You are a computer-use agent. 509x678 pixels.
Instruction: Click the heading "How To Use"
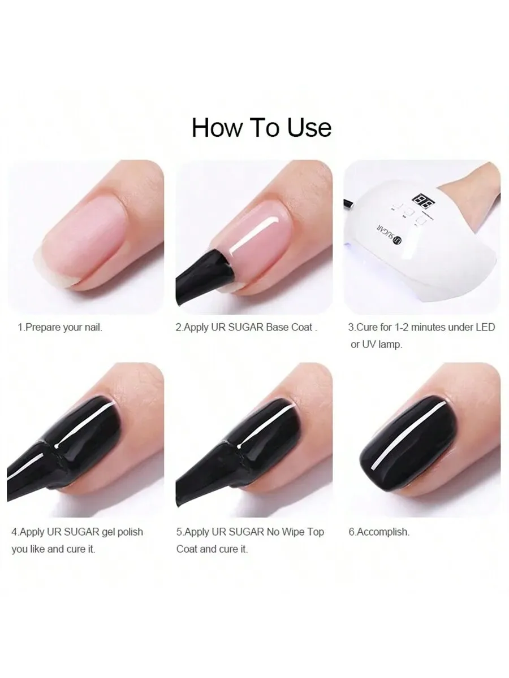(261, 127)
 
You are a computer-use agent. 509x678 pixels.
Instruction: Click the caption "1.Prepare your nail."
(60, 327)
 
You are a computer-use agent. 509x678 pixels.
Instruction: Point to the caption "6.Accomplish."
(379, 532)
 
